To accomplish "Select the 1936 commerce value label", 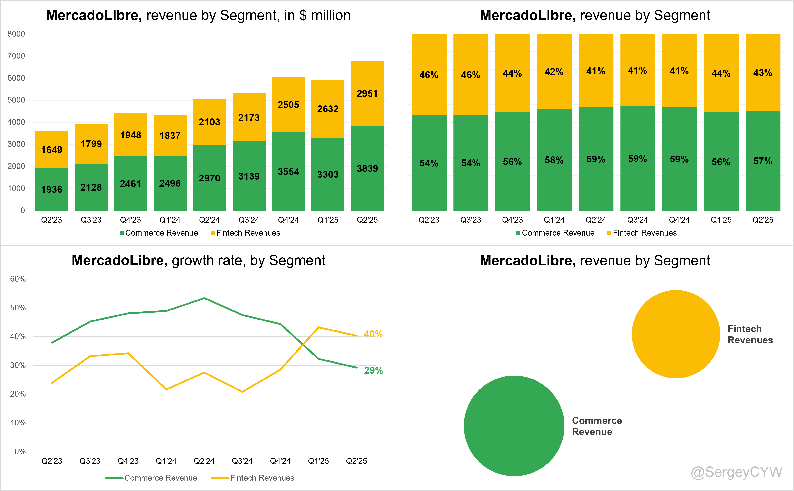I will point(52,189).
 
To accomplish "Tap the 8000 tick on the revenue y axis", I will point(16,34).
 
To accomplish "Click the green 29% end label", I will point(373,370).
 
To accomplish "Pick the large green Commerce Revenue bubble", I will point(514,426).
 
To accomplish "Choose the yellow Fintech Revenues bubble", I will point(676,334).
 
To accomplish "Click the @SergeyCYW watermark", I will point(736,472).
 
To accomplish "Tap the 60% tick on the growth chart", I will point(18,279).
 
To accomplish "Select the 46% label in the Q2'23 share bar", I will point(429,75).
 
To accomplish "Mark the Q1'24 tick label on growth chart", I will point(166,461).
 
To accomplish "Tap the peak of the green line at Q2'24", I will point(204,298).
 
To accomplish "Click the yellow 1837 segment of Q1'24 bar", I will point(170,135).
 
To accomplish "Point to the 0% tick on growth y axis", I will point(20,451).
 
